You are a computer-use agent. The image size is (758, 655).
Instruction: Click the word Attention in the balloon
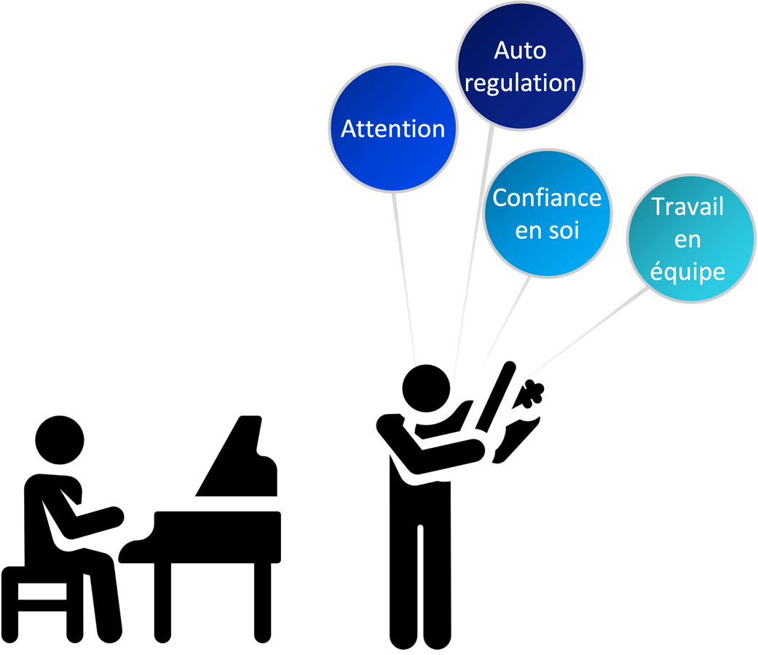pyautogui.click(x=392, y=129)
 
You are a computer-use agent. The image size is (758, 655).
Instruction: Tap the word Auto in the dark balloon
pyautogui.click(x=520, y=51)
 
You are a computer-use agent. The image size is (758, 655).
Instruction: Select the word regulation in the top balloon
pyautogui.click(x=520, y=83)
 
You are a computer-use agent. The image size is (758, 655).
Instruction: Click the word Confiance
pyautogui.click(x=547, y=198)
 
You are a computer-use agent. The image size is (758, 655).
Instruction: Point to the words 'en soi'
pyautogui.click(x=546, y=230)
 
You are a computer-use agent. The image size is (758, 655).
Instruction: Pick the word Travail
pyautogui.click(x=687, y=207)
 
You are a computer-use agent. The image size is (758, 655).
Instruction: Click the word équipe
pyautogui.click(x=687, y=272)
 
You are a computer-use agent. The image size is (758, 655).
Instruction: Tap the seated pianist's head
pyautogui.click(x=60, y=440)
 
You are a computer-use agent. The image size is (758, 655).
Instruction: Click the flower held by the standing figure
pyautogui.click(x=533, y=394)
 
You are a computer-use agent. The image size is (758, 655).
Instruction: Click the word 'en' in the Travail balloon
pyautogui.click(x=687, y=240)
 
